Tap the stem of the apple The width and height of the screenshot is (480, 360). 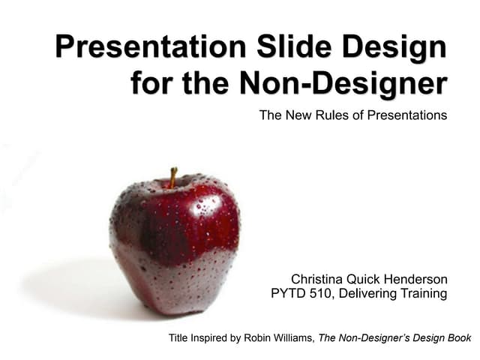point(173,177)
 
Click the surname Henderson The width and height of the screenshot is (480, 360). point(415,279)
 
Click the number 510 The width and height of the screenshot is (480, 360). point(320,294)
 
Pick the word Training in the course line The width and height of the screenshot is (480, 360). point(423,294)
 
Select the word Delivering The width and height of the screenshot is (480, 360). point(367,294)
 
